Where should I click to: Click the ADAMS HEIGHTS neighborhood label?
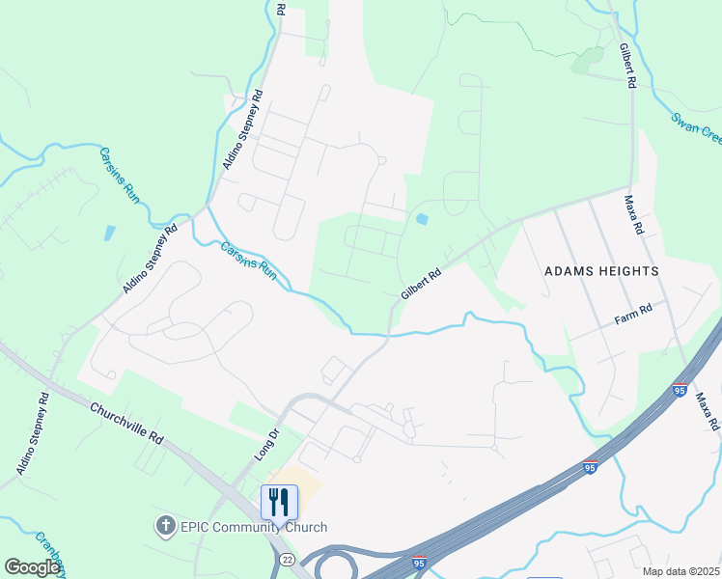click(x=601, y=271)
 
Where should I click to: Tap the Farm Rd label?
click(x=633, y=313)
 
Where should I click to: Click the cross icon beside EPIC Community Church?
click(x=165, y=526)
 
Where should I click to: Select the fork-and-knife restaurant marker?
click(x=279, y=502)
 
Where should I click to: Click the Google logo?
click(x=32, y=567)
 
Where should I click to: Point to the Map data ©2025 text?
click(x=680, y=571)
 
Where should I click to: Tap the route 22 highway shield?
click(x=288, y=560)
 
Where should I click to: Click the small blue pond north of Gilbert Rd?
click(x=421, y=219)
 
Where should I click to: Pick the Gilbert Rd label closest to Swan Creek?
click(x=627, y=66)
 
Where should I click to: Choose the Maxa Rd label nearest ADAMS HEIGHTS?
click(x=633, y=215)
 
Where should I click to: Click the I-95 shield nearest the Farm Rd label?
click(x=680, y=390)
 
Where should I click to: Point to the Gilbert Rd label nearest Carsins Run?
click(x=421, y=283)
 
